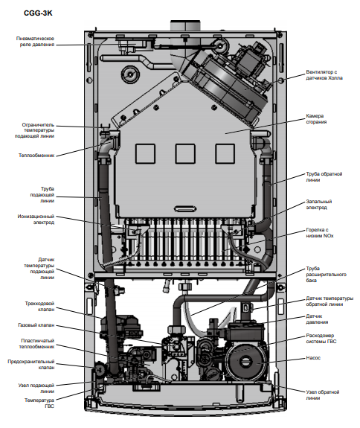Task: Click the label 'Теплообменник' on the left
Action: pyautogui.click(x=36, y=156)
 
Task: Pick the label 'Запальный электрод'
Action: pyautogui.click(x=319, y=205)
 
